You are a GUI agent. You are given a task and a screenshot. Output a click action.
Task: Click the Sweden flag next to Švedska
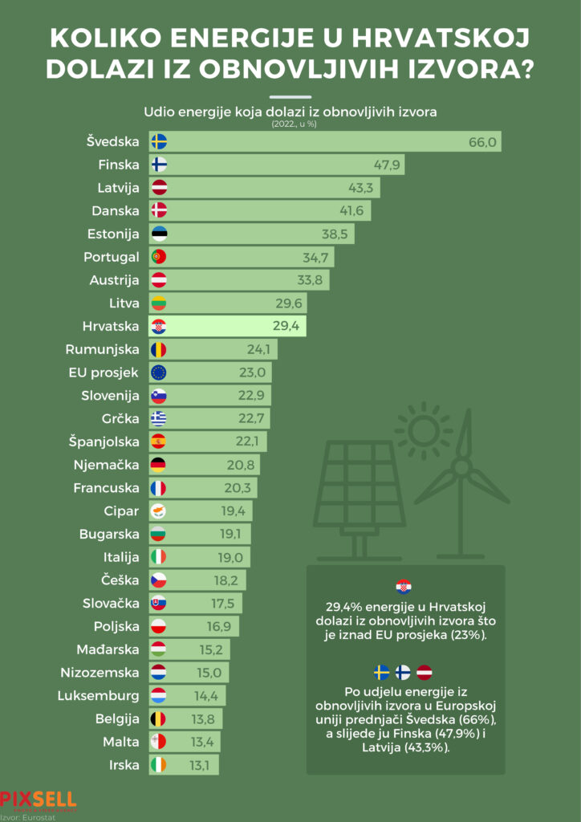(159, 142)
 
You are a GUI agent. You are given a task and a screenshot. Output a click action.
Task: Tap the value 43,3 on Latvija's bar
(363, 189)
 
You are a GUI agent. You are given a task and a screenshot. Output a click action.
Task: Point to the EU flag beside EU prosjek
(159, 372)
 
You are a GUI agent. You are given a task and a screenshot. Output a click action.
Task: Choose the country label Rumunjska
(102, 349)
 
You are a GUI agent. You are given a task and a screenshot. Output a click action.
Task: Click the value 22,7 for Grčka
(253, 419)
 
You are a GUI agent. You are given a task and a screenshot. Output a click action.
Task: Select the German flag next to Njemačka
(159, 465)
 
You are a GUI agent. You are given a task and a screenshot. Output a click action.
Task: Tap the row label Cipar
(121, 511)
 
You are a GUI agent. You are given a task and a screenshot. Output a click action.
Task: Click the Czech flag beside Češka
(159, 580)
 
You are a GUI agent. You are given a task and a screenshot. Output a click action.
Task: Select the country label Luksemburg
(98, 695)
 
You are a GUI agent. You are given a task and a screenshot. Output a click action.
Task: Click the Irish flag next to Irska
(159, 764)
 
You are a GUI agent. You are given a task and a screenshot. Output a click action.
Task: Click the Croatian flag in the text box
(404, 587)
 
